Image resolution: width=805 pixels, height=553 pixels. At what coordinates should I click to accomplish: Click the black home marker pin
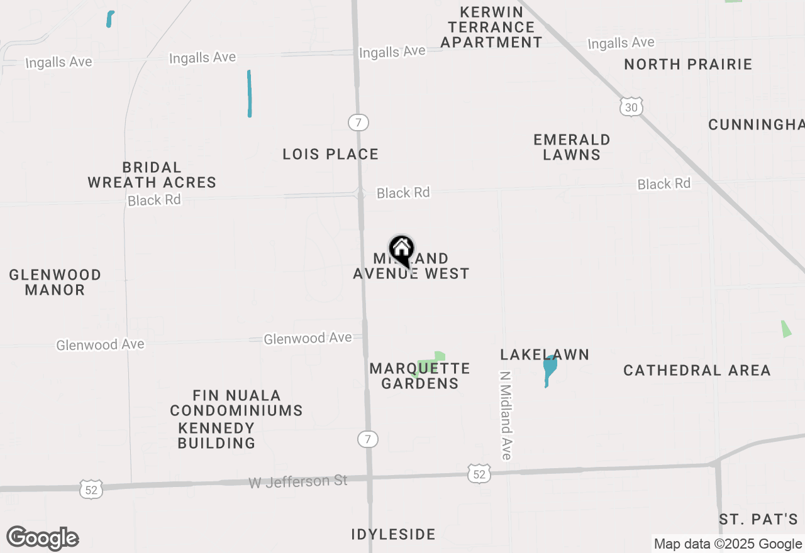tap(401, 250)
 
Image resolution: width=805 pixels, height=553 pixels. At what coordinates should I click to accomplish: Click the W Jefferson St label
tap(298, 481)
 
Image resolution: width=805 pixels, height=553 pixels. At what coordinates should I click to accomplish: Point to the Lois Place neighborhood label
tap(330, 154)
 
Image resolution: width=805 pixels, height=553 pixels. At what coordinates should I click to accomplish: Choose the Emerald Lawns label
tap(572, 147)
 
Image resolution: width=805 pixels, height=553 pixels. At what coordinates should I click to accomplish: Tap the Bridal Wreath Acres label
tap(152, 175)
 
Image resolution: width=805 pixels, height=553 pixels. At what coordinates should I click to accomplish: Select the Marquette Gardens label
tap(419, 376)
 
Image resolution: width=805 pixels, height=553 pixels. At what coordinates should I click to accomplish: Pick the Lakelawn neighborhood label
tap(545, 354)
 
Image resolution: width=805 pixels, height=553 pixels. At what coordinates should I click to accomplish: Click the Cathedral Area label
tap(697, 370)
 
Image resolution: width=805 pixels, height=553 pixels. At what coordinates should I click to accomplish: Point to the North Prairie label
tap(688, 64)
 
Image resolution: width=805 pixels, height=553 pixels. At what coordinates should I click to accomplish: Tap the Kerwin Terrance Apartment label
tap(491, 27)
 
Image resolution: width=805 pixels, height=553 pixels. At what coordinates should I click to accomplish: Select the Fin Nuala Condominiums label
tap(236, 403)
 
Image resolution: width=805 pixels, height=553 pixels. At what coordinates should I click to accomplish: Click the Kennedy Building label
tap(216, 435)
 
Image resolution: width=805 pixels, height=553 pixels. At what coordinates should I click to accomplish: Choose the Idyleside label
tap(393, 534)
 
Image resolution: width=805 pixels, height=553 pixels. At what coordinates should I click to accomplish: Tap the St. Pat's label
tap(758, 520)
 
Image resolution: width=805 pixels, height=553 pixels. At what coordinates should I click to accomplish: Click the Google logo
tap(43, 539)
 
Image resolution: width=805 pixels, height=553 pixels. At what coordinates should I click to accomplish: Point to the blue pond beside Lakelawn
tap(549, 370)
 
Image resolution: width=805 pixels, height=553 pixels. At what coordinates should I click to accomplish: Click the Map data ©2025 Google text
tap(728, 544)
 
